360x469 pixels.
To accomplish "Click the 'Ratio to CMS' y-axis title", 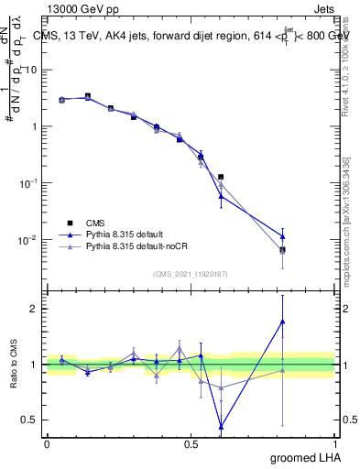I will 12,365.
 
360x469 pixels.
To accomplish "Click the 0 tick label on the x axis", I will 47,443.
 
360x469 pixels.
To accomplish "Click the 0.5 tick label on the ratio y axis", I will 29,420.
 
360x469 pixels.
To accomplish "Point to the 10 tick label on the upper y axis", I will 29,70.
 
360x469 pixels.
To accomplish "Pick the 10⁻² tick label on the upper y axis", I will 27,240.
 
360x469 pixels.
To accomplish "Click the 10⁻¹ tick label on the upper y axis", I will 27,183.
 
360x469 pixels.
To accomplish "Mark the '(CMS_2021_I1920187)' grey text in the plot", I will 191,274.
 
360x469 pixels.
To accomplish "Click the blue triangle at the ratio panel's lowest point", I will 221,426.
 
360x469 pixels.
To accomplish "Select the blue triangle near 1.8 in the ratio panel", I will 283,322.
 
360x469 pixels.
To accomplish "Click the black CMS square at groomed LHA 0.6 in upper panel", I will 221,177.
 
